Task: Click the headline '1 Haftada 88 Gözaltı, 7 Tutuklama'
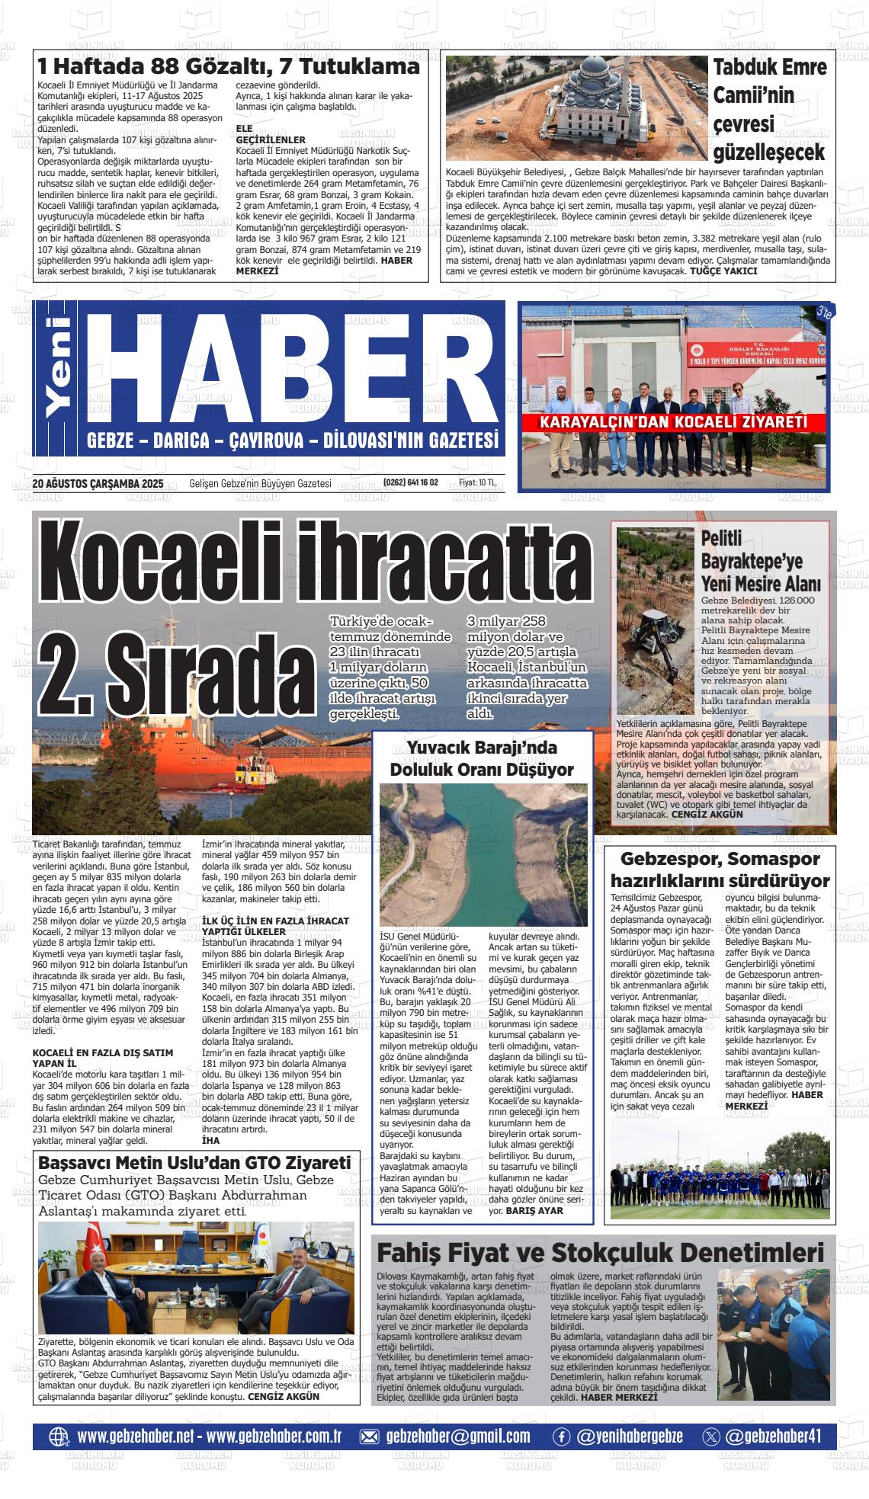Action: point(229,67)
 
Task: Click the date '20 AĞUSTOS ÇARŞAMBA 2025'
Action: point(98,483)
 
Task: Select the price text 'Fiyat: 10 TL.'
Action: point(477,483)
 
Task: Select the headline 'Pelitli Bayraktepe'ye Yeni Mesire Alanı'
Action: point(760,562)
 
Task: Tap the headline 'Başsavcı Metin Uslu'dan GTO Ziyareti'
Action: point(194,1163)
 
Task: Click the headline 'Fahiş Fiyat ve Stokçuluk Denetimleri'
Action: point(601,1253)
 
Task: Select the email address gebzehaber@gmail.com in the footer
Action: point(457,1436)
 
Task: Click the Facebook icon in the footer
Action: point(561,1437)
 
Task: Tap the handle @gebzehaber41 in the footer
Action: point(773,1436)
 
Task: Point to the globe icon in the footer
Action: point(59,1437)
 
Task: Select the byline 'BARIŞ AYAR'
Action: point(534,1210)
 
